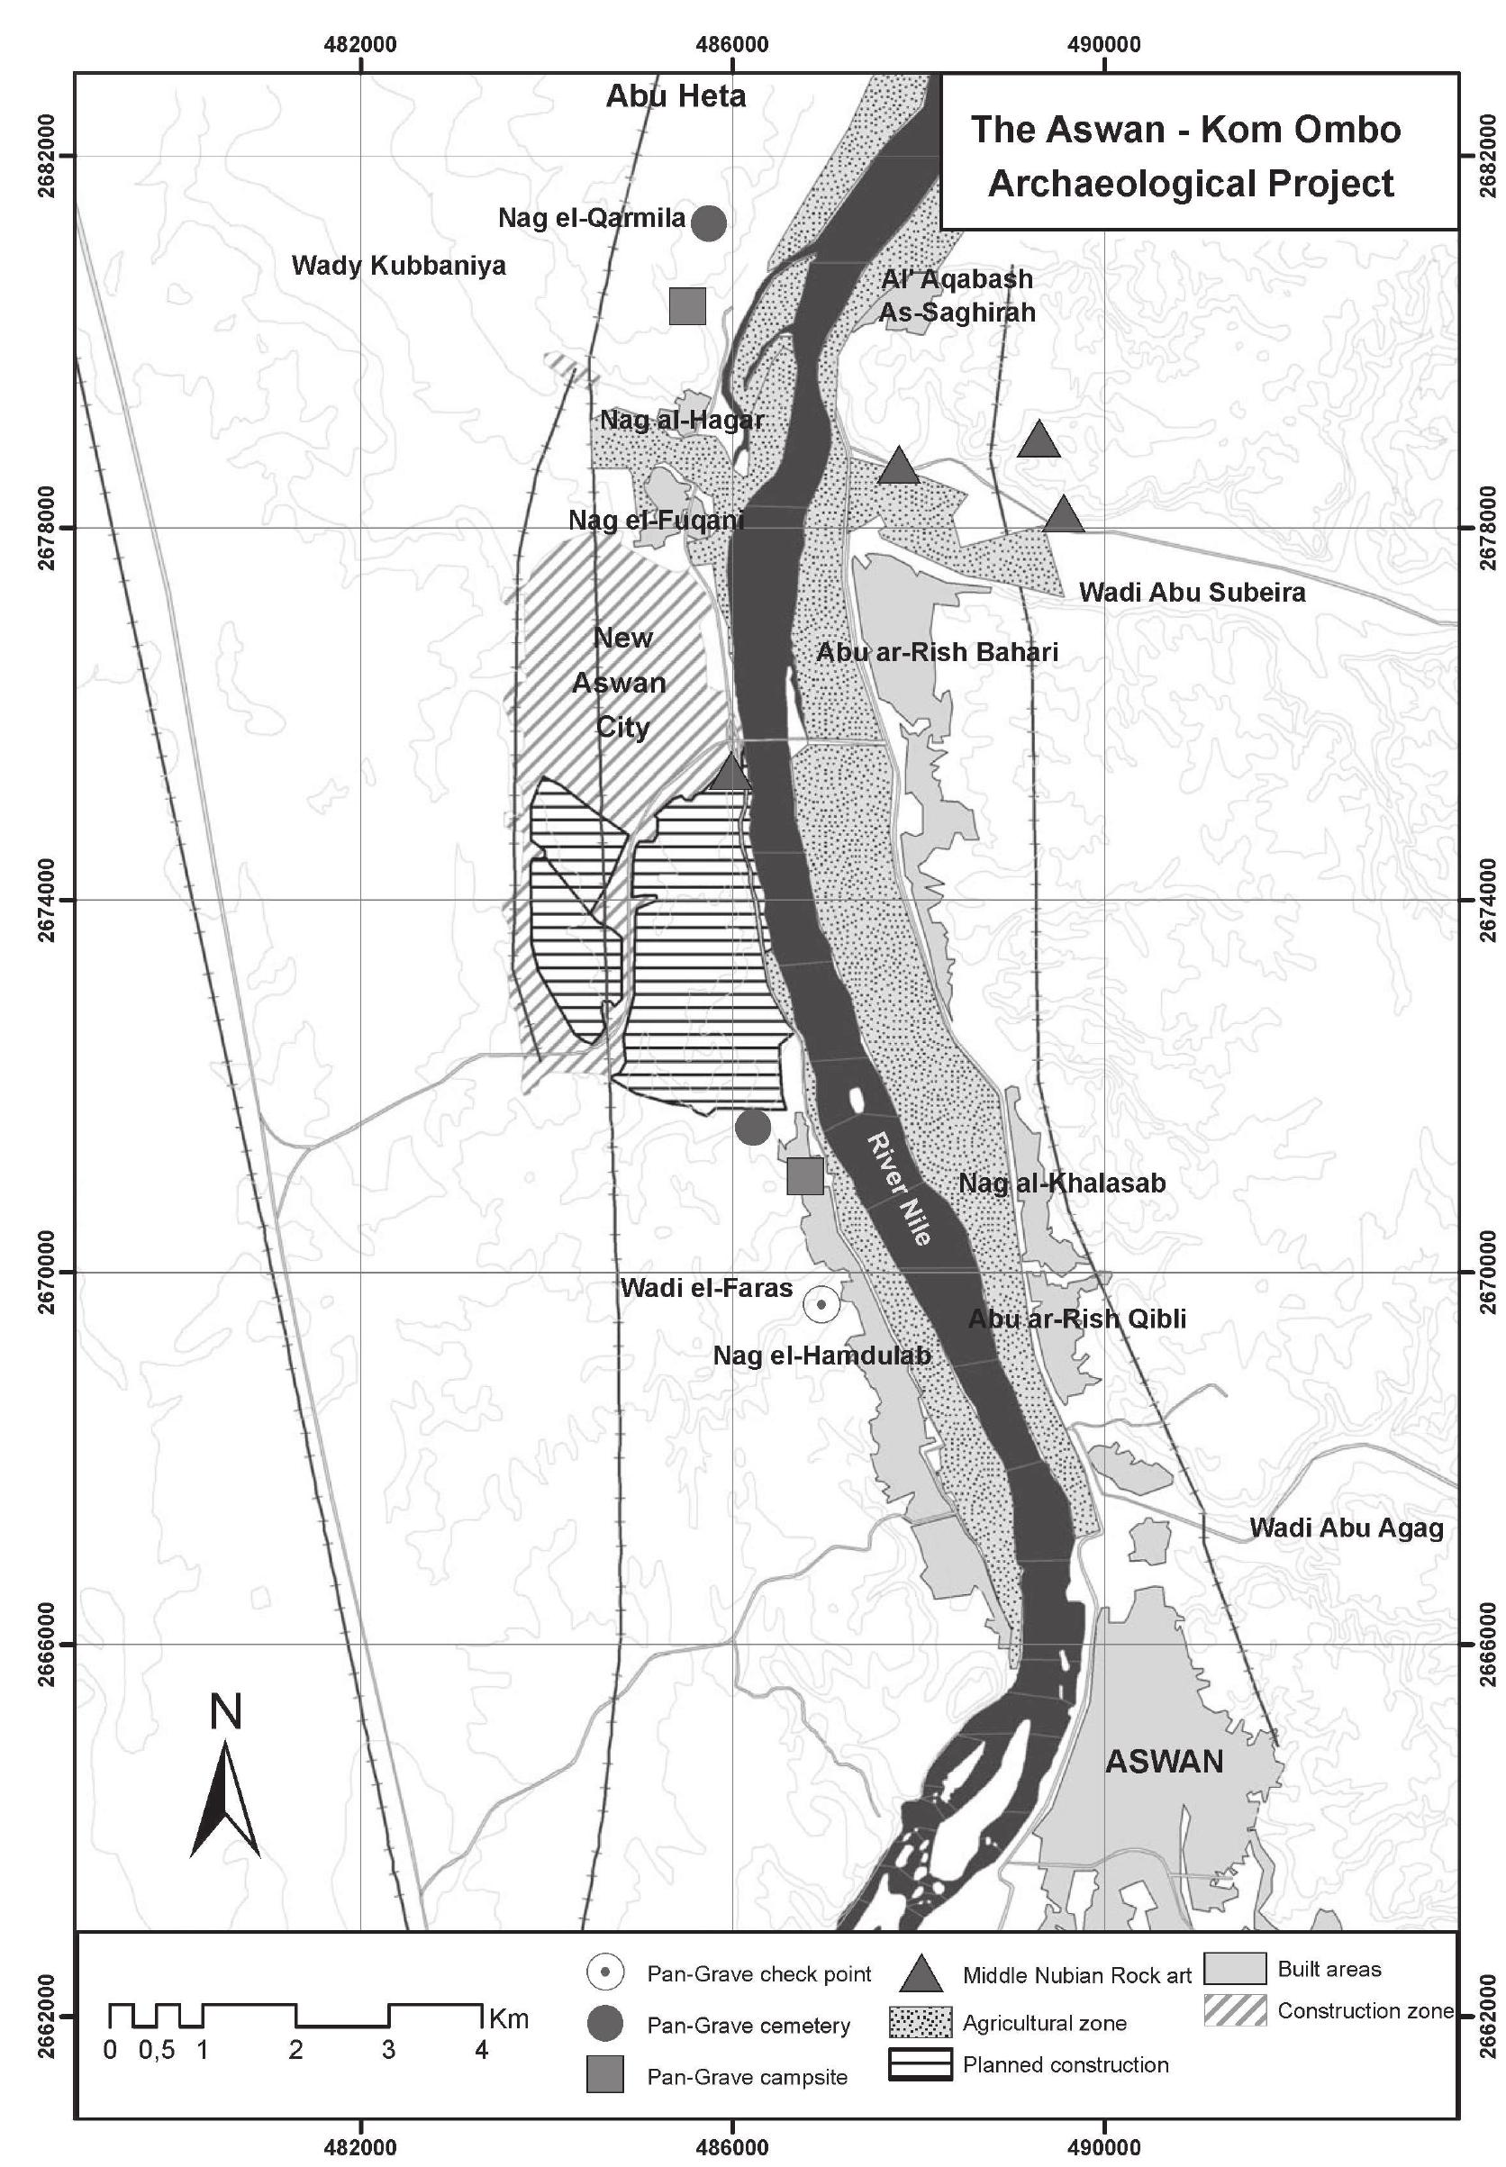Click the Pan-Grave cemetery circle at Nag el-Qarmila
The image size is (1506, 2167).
[x=709, y=222]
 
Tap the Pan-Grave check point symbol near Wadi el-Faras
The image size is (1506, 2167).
[x=821, y=1305]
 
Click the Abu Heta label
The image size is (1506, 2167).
[x=676, y=95]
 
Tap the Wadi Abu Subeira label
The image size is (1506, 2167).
[x=1192, y=593]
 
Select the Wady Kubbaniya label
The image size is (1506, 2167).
[x=398, y=265]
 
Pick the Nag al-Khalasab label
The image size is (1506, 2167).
[x=1062, y=1183]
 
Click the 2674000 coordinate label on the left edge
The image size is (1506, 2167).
[x=44, y=900]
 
